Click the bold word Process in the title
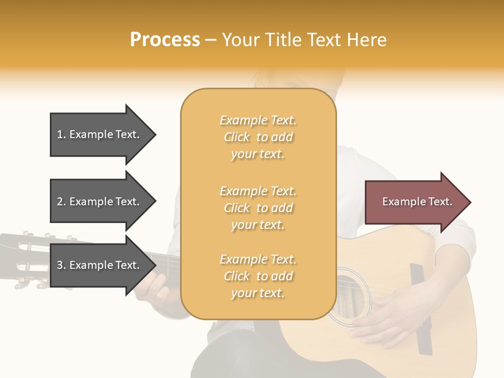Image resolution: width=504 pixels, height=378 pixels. pyautogui.click(x=165, y=40)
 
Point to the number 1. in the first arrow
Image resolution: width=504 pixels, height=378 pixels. pyautogui.click(x=61, y=135)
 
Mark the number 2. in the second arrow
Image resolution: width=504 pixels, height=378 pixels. pyautogui.click(x=61, y=202)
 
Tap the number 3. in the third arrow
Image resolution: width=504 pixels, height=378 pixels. pyautogui.click(x=61, y=265)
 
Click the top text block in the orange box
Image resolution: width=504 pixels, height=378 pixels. pyautogui.click(x=258, y=137)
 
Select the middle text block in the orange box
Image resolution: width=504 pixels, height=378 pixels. pyautogui.click(x=258, y=208)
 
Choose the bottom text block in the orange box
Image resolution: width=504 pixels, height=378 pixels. pyautogui.click(x=258, y=276)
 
